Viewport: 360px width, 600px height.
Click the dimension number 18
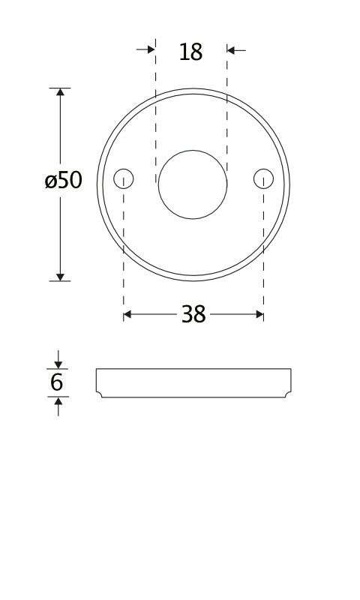(x=190, y=52)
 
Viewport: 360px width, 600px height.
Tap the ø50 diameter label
(x=64, y=180)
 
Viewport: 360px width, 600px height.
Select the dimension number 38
(x=193, y=314)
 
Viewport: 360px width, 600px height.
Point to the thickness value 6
(x=56, y=382)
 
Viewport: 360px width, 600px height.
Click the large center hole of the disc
(x=193, y=184)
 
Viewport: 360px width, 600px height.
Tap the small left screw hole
(x=124, y=178)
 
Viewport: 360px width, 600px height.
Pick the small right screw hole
(x=263, y=178)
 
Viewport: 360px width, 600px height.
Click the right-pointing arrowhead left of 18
(x=151, y=49)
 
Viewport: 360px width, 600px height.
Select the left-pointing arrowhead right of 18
(x=231, y=49)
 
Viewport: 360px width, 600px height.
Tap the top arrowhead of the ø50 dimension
(x=60, y=92)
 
